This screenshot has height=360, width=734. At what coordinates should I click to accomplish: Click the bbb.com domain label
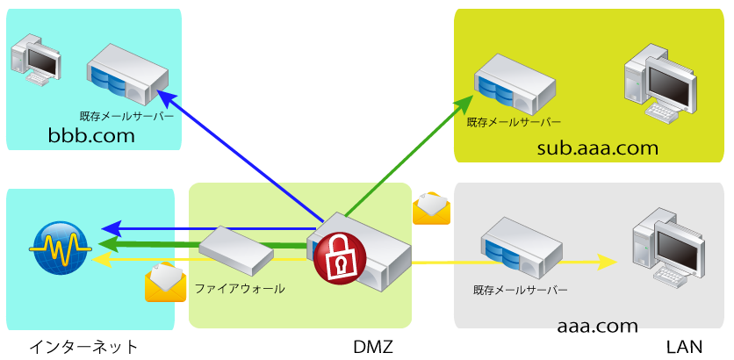[91, 135]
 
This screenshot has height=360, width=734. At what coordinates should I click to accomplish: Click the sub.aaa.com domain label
[597, 148]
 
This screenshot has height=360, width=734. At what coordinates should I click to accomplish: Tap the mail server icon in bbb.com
[127, 76]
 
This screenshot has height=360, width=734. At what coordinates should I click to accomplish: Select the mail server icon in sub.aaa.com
[515, 84]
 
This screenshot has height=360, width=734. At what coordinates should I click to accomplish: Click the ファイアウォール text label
[240, 288]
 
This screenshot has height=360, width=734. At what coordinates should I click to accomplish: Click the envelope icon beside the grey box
[431, 208]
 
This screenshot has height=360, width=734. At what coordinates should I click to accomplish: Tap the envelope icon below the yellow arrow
[165, 283]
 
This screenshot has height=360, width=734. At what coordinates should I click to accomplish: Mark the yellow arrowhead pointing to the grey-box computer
[605, 262]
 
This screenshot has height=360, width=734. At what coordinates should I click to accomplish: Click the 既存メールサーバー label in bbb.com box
[126, 116]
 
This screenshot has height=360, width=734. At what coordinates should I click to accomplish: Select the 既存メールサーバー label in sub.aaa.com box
[514, 123]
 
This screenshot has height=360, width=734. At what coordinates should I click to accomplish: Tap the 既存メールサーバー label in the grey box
[521, 290]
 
